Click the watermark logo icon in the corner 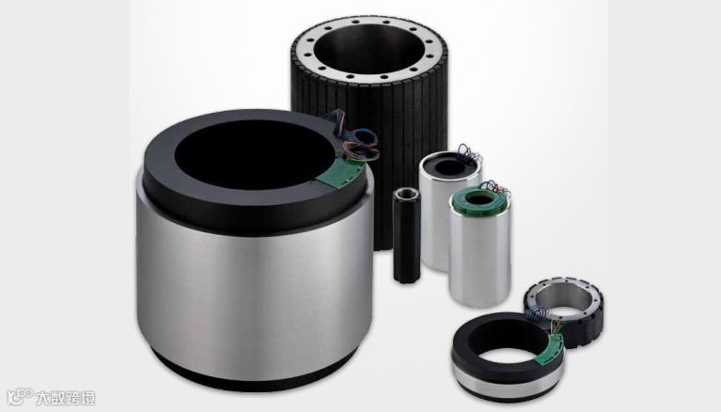point(21,397)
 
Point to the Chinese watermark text point(66,398)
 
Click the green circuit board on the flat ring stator point(553,347)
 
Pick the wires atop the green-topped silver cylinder point(495,189)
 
